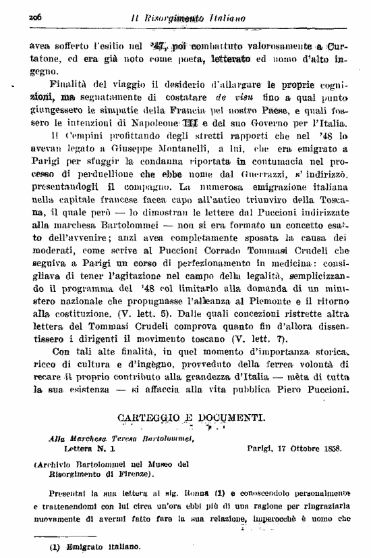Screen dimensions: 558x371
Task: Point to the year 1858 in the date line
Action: coord(329,448)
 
